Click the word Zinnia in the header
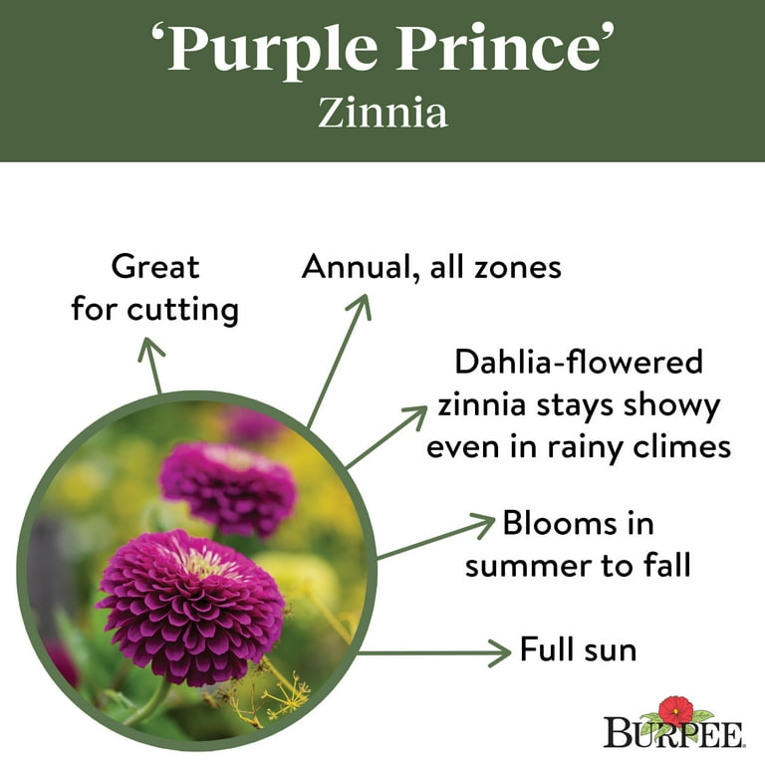tap(382, 113)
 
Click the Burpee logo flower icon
tap(675, 710)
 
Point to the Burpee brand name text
tap(673, 735)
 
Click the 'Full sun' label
tap(578, 651)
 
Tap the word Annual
tap(355, 267)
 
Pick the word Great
tap(155, 267)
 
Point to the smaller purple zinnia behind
tap(228, 486)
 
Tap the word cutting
tap(183, 309)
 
